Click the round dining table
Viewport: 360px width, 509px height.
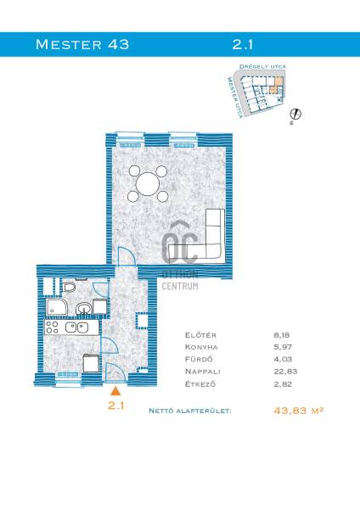pos(148,184)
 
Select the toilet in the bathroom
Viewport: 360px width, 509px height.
pos(70,287)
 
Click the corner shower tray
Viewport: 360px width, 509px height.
pos(56,307)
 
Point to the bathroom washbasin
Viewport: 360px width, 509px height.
pos(84,308)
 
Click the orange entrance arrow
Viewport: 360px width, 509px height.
pos(115,391)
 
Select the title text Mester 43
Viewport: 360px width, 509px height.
pos(82,44)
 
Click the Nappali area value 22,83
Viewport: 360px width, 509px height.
pos(285,371)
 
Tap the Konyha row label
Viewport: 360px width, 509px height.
pos(201,347)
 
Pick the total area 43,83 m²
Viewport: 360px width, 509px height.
pos(299,411)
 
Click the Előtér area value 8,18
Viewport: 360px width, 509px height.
pos(281,335)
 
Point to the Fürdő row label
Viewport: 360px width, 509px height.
pos(199,359)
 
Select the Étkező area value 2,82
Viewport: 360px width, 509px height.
pos(283,384)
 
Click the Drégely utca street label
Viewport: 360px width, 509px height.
pos(262,66)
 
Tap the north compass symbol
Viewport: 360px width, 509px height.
pos(295,115)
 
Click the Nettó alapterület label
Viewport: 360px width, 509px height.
pos(190,411)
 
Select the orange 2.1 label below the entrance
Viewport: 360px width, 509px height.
pos(116,406)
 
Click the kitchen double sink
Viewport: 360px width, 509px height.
pos(76,327)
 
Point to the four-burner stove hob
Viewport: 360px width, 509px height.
pos(52,327)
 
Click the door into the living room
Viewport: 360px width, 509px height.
pos(127,256)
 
